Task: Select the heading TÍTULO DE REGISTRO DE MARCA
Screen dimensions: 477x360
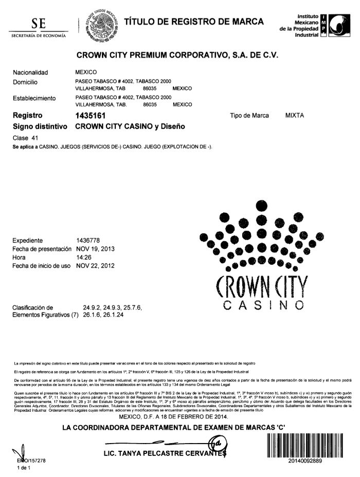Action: tap(194, 22)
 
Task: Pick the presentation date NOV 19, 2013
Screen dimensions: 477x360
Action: tap(95, 249)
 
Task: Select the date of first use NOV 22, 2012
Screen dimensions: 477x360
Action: tap(95, 266)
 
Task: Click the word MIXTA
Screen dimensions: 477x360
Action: tap(295, 116)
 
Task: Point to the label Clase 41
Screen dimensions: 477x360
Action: tap(25, 138)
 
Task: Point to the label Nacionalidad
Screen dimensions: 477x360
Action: tap(30, 72)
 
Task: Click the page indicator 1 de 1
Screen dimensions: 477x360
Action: tap(24, 468)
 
